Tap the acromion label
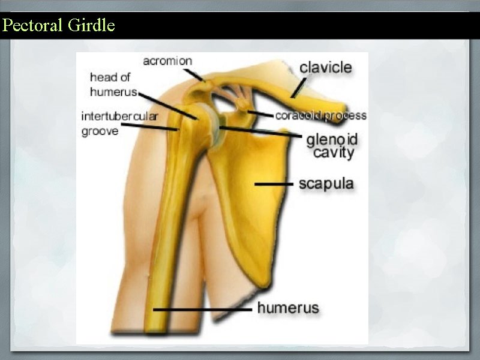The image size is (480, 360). click(167, 61)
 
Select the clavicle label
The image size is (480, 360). click(325, 67)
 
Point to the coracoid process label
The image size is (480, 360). click(320, 115)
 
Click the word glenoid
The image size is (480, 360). click(332, 140)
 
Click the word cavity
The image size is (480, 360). click(334, 153)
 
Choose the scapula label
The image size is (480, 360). click(326, 184)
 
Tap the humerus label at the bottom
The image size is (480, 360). click(288, 308)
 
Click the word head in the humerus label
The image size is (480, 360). click(102, 77)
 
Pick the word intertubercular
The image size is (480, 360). click(119, 116)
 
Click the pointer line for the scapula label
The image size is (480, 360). click(274, 184)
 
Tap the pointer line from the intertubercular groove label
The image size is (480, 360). click(150, 127)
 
